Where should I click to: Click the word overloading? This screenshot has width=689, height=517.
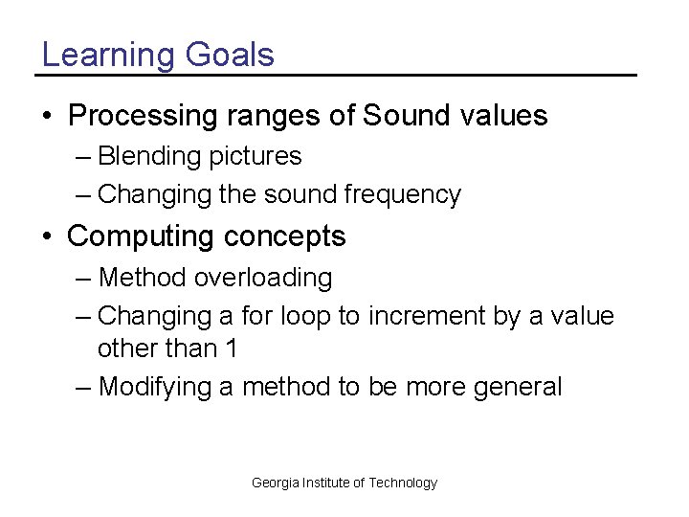pos(263,279)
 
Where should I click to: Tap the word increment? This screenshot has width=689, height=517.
pos(424,316)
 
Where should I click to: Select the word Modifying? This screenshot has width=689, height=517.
pos(156,388)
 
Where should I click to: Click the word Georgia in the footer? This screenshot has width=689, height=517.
pos(275,483)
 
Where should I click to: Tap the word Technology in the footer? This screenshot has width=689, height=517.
pos(403,483)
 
